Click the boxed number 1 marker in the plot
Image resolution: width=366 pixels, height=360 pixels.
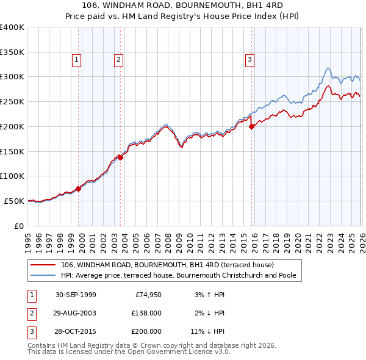(76, 59)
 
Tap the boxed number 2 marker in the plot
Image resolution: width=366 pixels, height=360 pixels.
(118, 59)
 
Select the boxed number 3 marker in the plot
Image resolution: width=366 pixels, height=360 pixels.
(249, 59)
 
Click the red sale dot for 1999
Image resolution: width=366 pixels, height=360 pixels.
(79, 189)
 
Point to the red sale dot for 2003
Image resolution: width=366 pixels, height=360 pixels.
(121, 157)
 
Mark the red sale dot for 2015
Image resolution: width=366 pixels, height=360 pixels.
(251, 127)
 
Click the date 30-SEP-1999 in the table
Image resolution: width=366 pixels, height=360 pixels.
(76, 295)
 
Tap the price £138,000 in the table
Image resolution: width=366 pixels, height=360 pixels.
(146, 313)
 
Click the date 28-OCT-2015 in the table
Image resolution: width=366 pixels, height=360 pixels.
(76, 331)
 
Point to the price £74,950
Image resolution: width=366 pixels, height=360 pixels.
(148, 295)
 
